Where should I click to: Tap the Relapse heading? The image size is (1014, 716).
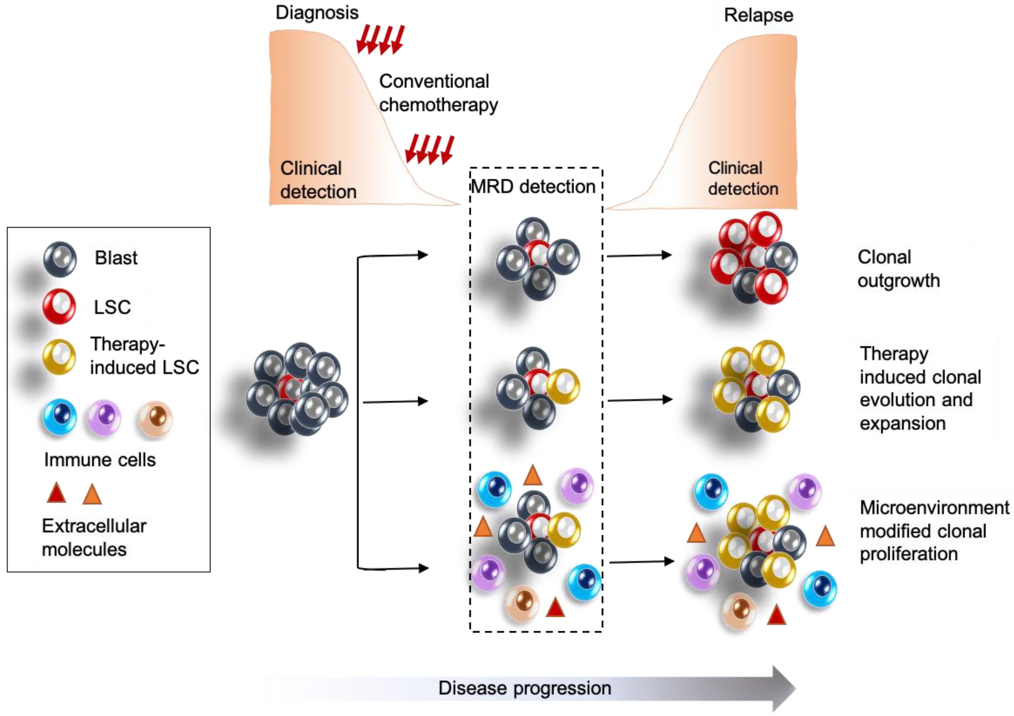point(758,16)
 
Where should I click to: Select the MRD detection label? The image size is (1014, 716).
point(533,187)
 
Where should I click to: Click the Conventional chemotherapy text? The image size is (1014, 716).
point(438,93)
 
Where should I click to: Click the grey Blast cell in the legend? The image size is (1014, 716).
point(60,259)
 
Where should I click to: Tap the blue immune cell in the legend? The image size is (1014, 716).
point(60,417)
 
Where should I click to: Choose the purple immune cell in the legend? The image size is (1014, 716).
point(104,418)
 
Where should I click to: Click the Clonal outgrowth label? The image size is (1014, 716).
point(898,269)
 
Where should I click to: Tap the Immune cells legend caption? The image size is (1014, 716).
point(100,460)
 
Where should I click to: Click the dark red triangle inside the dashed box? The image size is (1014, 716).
point(555,607)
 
